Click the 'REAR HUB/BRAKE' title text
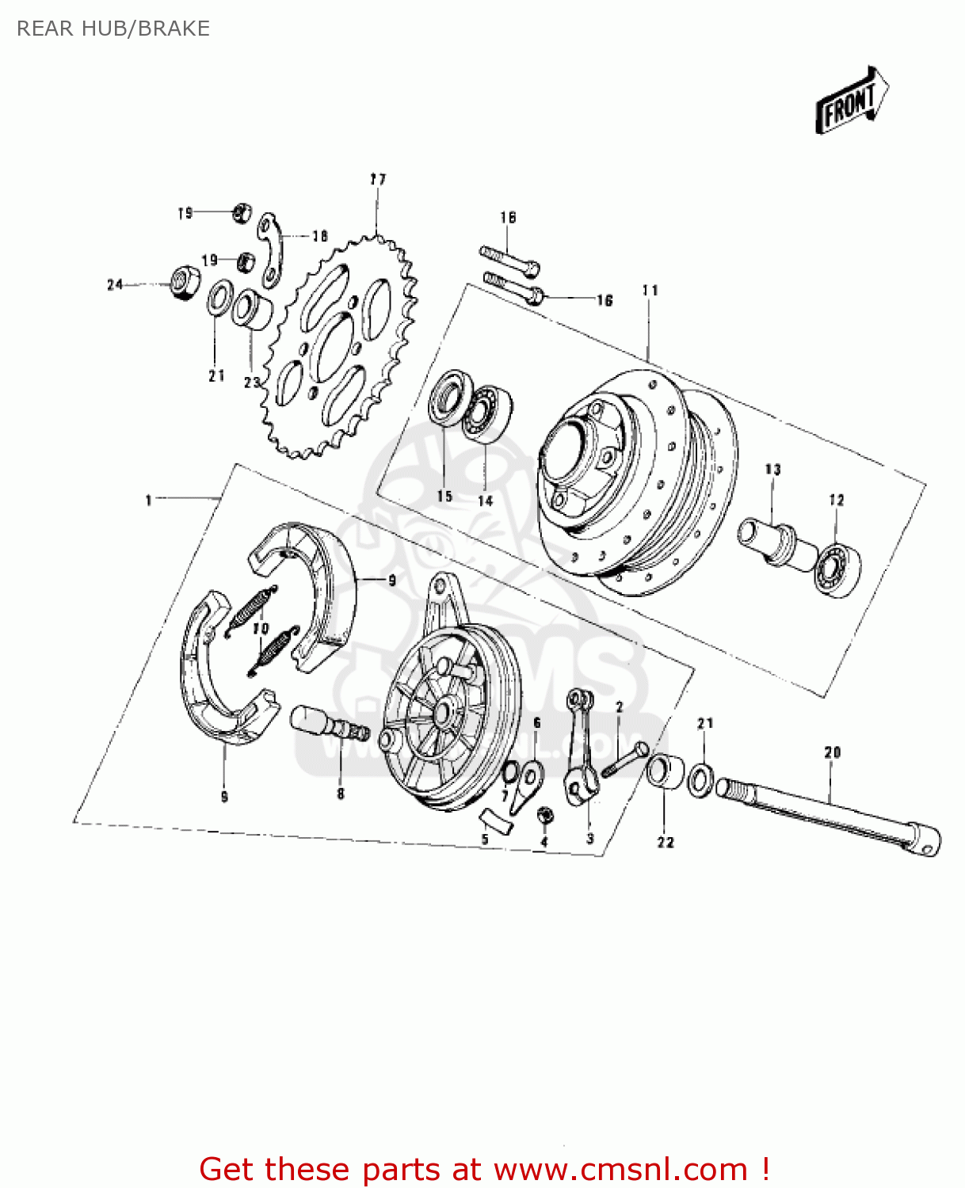(x=113, y=29)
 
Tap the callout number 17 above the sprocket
(x=378, y=179)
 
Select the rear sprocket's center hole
(x=335, y=345)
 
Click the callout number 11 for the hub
(x=650, y=291)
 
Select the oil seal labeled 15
(x=445, y=399)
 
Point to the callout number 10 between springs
(x=261, y=628)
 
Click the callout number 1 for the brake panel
(x=148, y=500)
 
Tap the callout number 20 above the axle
(x=832, y=752)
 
